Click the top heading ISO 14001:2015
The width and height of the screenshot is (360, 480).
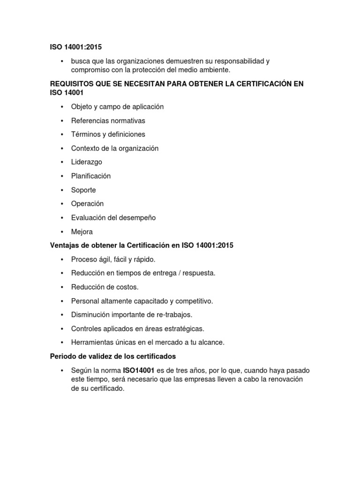pyautogui.click(x=75, y=47)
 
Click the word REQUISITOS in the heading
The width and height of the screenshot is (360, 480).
pyautogui.click(x=71, y=83)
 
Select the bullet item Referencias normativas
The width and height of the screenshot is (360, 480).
pyautogui.click(x=108, y=120)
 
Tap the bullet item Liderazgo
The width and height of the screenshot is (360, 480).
pyautogui.click(x=86, y=162)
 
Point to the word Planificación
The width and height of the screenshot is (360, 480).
pyautogui.click(x=90, y=176)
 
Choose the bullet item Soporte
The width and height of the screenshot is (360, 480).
pyautogui.click(x=83, y=190)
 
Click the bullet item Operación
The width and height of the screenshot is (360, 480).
pyautogui.click(x=87, y=204)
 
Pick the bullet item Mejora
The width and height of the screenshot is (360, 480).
pyautogui.click(x=82, y=232)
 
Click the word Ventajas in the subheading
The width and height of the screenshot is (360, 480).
pyautogui.click(x=64, y=246)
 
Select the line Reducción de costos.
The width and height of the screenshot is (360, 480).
pyautogui.click(x=105, y=287)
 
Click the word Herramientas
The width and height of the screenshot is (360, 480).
pyautogui.click(x=91, y=342)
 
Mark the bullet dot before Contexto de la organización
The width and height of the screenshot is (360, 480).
pyautogui.click(x=62, y=149)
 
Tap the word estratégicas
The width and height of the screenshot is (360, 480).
pyautogui.click(x=183, y=329)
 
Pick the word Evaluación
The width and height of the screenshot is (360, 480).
pyautogui.click(x=88, y=217)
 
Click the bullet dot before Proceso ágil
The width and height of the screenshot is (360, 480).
pyautogui.click(x=62, y=260)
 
